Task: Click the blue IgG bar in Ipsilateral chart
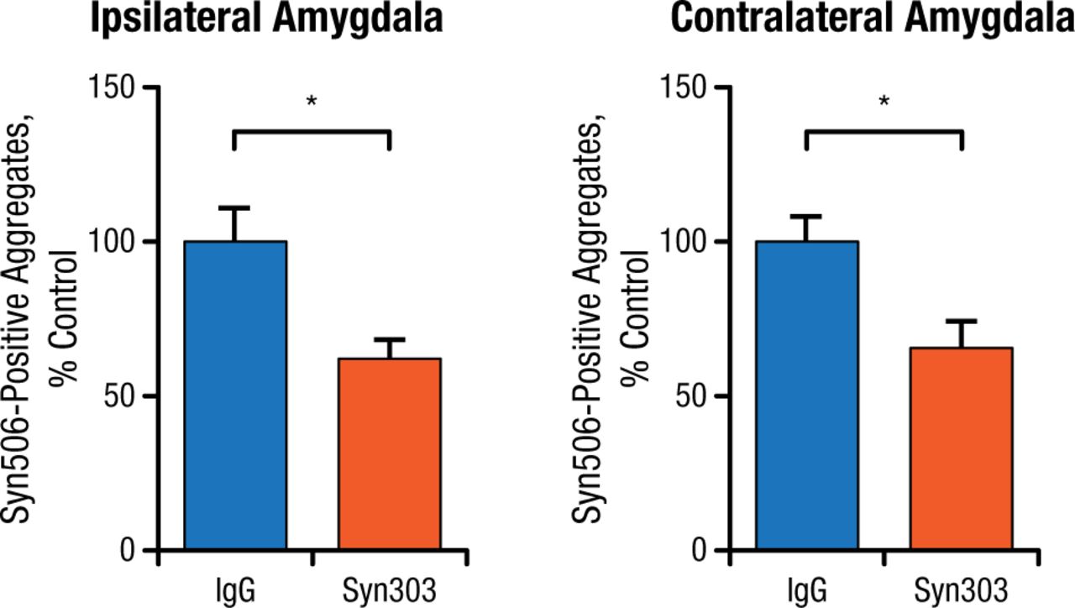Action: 236,395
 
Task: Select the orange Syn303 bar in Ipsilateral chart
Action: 390,453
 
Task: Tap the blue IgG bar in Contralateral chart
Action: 807,395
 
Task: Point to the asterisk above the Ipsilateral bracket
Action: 312,102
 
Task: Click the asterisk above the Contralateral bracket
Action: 884,102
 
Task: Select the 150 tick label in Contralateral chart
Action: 685,87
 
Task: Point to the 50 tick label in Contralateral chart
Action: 693,396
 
